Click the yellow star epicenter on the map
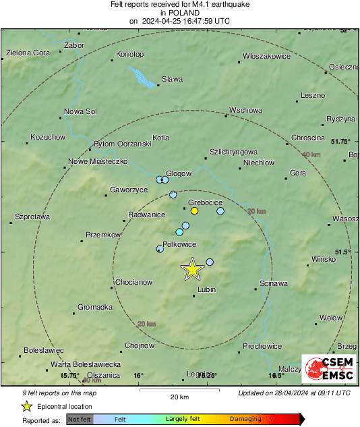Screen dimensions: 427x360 click(192, 269)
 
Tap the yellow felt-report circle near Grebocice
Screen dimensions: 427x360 click(194, 211)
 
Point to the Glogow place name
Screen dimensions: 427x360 click(179, 173)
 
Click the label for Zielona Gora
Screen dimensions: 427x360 click(28, 53)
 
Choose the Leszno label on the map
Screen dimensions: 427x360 click(312, 95)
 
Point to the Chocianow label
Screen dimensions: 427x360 click(133, 281)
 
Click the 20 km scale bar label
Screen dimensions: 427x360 click(179, 397)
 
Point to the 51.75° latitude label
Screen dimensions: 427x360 click(340, 142)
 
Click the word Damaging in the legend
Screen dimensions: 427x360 click(245, 419)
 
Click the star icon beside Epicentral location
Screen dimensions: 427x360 click(26, 406)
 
